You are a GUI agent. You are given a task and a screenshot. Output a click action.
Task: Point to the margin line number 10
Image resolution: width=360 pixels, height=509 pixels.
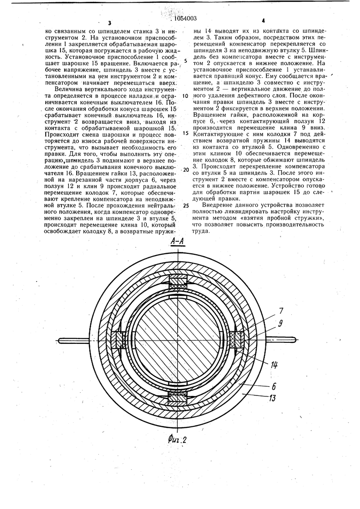185,96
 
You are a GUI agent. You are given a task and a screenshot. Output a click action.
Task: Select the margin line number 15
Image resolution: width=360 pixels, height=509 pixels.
185,132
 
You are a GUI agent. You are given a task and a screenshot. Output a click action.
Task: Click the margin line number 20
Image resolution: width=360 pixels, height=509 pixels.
185,169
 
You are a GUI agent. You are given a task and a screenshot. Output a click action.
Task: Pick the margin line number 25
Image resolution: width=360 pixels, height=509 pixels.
185,206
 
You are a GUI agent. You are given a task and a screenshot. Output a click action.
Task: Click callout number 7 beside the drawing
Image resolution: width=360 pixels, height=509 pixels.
281,311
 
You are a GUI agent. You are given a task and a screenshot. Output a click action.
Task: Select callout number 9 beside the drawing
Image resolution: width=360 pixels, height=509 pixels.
281,323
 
